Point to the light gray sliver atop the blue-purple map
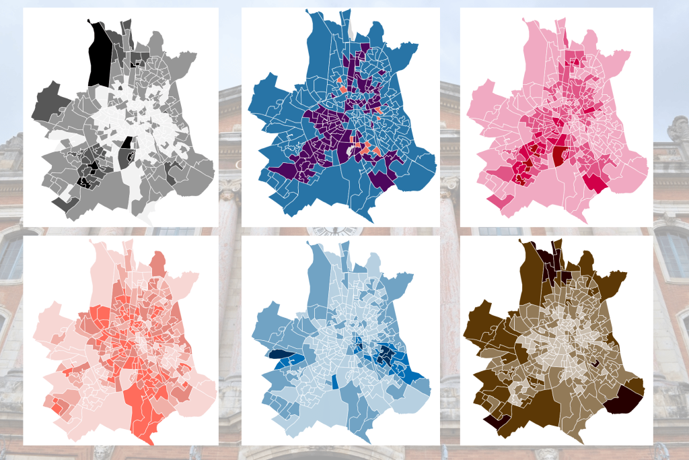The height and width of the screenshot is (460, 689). click(x=351, y=29)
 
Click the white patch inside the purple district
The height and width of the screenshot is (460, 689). click(x=353, y=154)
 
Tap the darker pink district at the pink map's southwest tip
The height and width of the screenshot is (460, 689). click(x=497, y=200)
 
